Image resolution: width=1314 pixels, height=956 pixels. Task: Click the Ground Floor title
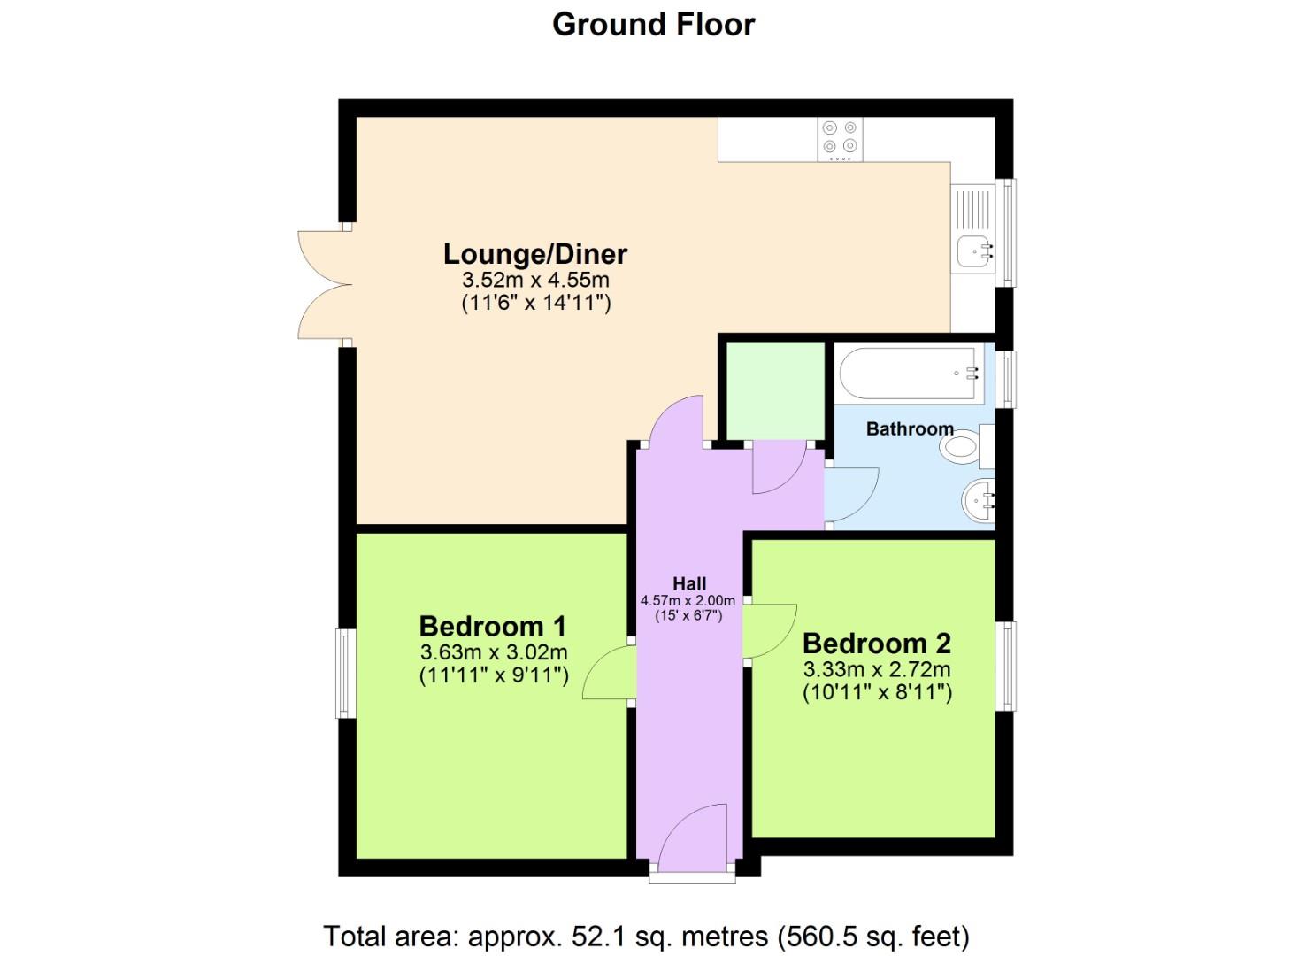pos(653,25)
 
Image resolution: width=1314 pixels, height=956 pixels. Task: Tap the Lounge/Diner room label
pos(534,254)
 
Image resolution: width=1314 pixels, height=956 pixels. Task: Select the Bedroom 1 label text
pos(492,627)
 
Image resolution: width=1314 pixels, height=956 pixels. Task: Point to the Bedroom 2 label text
pos(876,644)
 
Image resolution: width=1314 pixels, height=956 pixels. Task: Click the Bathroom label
pos(909,429)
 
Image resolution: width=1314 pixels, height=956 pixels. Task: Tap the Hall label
pos(688,584)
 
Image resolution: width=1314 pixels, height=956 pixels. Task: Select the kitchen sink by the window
pos(973,251)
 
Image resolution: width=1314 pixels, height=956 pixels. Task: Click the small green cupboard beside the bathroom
pos(776,389)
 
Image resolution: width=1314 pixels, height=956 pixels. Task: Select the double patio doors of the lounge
pos(325,285)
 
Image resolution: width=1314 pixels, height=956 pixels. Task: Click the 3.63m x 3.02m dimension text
pos(494,653)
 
